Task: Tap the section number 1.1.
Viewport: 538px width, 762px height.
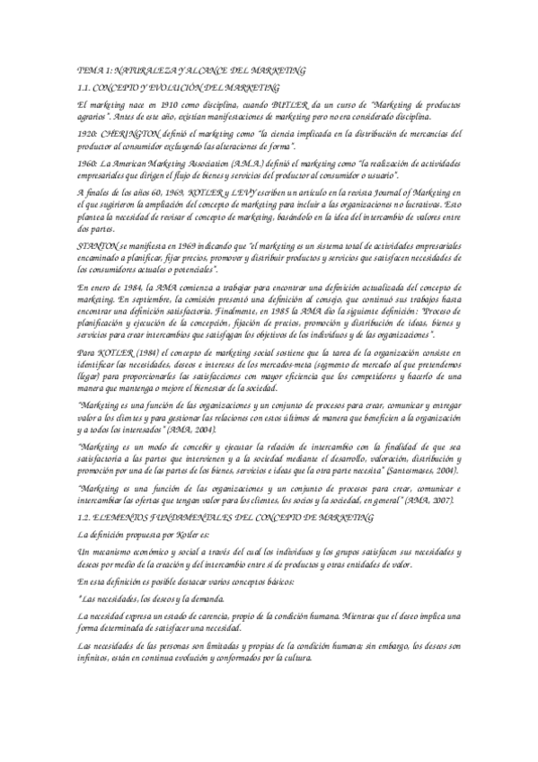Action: tap(86, 87)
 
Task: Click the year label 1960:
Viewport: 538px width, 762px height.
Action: tap(89, 163)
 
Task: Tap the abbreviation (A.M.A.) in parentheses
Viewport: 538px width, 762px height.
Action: tap(225, 163)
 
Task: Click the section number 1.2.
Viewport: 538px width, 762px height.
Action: tap(86, 517)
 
